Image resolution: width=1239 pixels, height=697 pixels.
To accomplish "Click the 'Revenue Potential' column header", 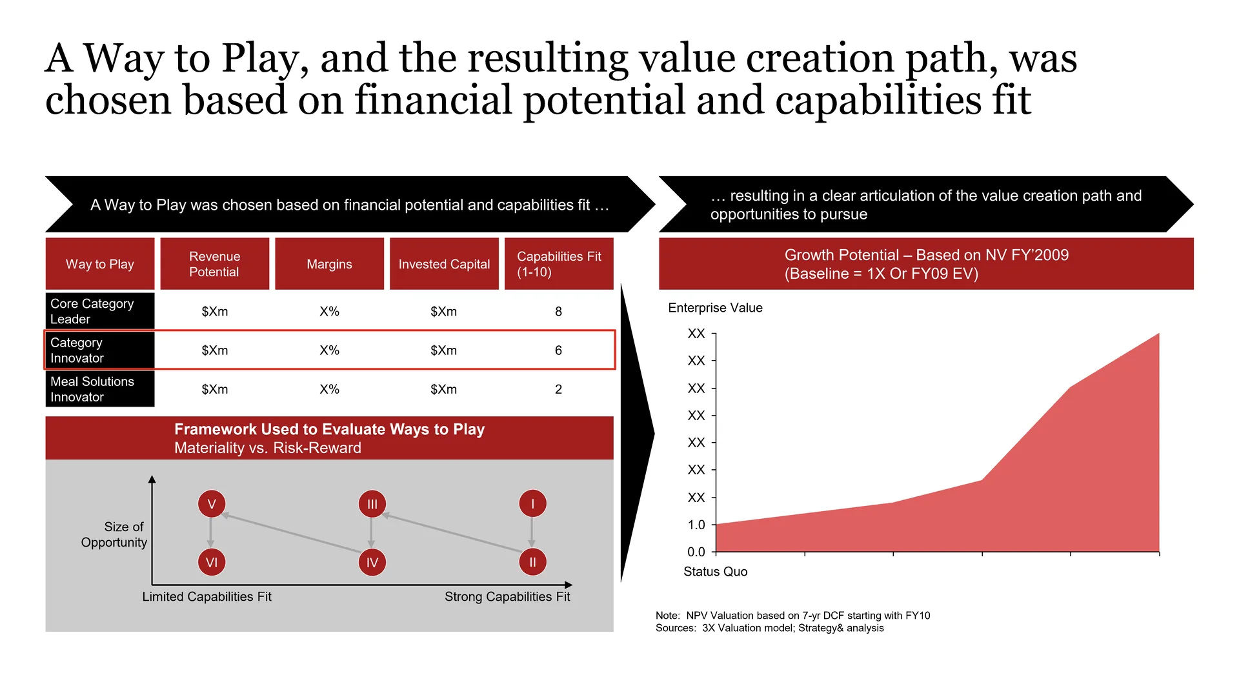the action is coord(214,264).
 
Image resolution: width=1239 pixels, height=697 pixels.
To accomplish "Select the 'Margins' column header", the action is coord(329,264).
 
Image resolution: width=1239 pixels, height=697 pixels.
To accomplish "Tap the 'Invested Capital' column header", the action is coord(444,264).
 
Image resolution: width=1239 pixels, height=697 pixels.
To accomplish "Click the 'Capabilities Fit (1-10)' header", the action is coord(559,264).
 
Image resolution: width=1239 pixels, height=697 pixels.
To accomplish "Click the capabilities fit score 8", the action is coord(559,312).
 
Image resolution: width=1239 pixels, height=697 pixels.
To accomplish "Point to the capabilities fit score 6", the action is coord(559,350).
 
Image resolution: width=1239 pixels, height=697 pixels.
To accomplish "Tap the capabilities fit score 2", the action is coord(559,389).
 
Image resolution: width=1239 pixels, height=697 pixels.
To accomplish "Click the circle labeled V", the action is coord(212,504).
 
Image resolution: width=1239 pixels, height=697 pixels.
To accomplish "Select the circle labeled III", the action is coord(372,504).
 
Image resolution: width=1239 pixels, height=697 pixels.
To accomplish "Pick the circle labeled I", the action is coord(533,504).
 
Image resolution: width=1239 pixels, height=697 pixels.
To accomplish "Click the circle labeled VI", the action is coord(212,562).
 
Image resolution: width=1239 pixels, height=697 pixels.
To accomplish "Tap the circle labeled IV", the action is coord(372,562).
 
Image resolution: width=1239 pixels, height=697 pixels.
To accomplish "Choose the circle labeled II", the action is coord(533,562).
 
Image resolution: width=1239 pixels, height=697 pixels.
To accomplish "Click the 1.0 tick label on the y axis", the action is coord(696,525).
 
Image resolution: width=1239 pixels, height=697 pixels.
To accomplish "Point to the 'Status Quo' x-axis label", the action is coord(716,572).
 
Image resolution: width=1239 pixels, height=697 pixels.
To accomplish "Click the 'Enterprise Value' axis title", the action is coord(715,308).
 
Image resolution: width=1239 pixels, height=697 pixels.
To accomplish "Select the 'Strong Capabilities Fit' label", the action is coord(507,597).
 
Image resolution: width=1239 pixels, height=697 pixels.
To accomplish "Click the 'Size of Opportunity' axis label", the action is coord(114,534).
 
